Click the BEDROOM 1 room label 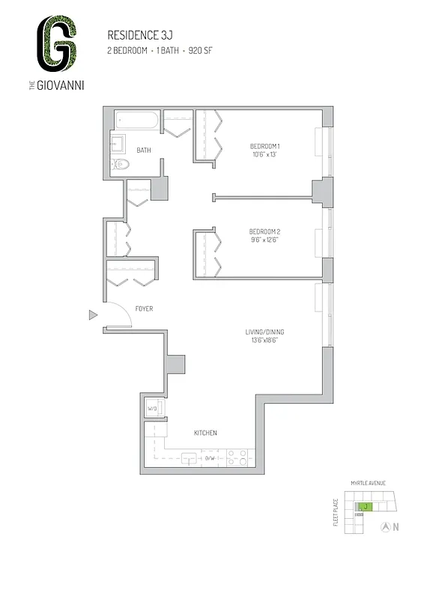264,145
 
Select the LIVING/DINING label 264,332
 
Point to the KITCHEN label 205,433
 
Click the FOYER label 144,308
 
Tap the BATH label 143,150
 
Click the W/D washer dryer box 152,409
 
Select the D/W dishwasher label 211,458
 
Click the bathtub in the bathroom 137,120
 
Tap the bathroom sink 118,143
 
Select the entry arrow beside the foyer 93,314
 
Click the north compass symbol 386,526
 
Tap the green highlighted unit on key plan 365,507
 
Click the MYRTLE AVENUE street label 366,484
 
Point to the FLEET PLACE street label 336,514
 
